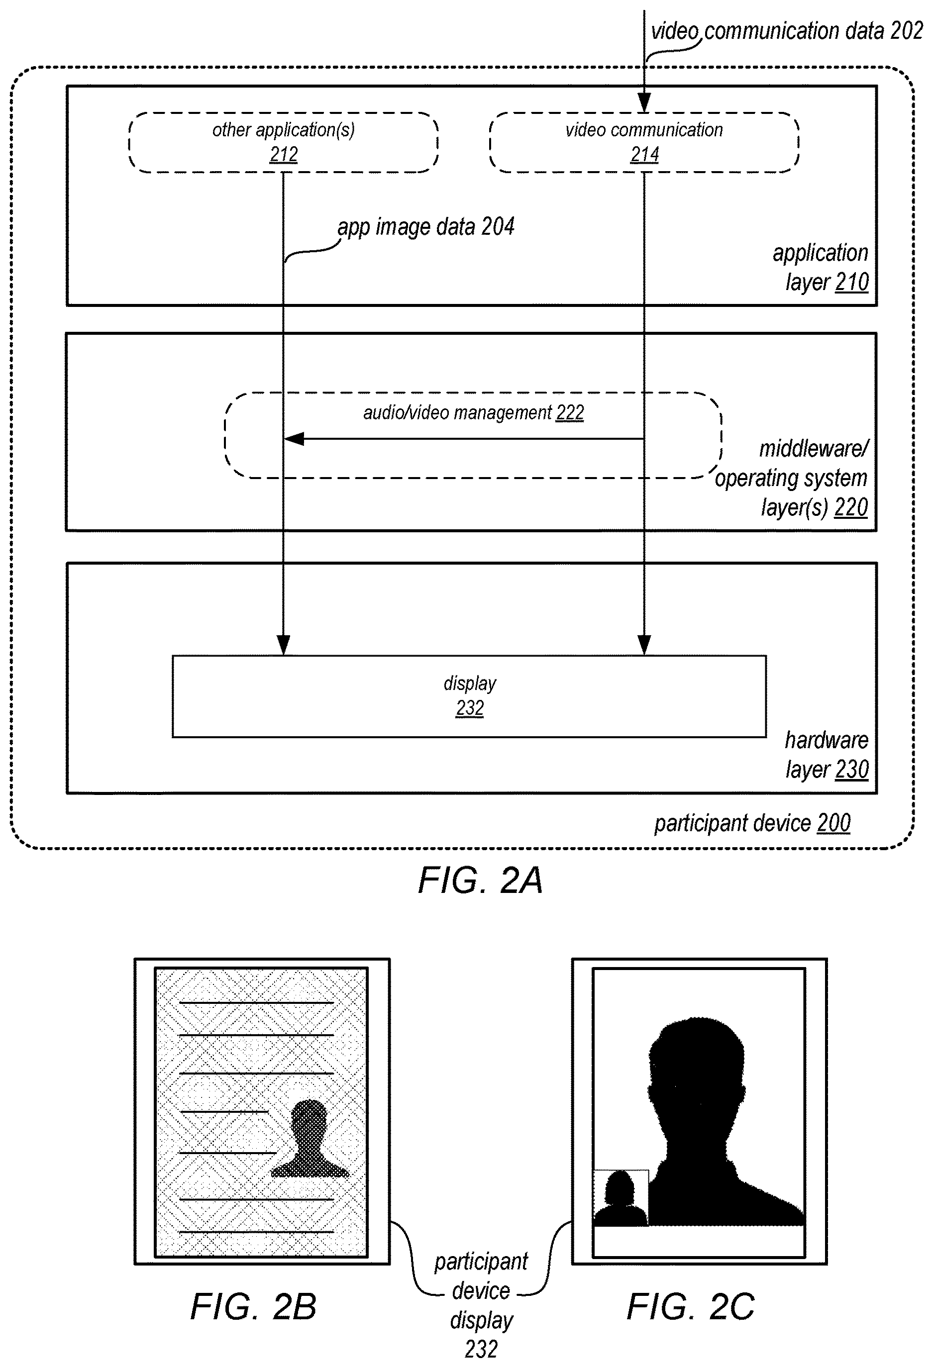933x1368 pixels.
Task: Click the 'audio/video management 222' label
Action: point(473,412)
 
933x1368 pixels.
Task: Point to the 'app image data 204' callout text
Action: point(425,227)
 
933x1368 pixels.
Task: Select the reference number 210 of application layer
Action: point(852,282)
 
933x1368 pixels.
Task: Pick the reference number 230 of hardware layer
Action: point(852,770)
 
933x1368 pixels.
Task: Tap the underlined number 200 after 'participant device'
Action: point(833,823)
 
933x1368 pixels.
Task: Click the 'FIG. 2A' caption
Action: point(480,880)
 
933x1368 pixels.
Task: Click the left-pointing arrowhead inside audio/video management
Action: point(294,439)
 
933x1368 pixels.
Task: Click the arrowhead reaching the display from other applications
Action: point(284,645)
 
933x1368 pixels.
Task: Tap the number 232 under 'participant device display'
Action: point(481,1349)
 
